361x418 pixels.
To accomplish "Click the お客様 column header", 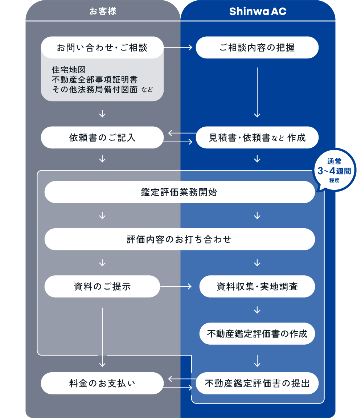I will pyautogui.click(x=103, y=11).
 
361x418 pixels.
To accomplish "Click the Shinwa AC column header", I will pyautogui.click(x=258, y=11).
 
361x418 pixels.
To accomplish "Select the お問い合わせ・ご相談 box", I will pyautogui.click(x=102, y=48).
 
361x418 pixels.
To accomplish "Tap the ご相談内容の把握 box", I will pyautogui.click(x=257, y=48).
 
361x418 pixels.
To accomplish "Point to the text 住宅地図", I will pyautogui.click(x=69, y=70).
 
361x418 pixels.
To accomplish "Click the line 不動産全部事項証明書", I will pyautogui.click(x=95, y=79).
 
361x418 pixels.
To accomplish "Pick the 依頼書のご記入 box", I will pyautogui.click(x=102, y=138).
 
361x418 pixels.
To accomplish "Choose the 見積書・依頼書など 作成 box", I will pyautogui.click(x=257, y=138).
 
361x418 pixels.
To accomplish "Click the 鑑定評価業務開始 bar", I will pyautogui.click(x=180, y=192).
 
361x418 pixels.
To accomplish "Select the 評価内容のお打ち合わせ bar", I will pyautogui.click(x=180, y=239).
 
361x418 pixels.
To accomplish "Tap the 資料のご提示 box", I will pyautogui.click(x=102, y=286).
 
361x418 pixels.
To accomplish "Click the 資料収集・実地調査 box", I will pyautogui.click(x=257, y=286).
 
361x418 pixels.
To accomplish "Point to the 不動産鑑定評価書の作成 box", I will pyautogui.click(x=257, y=333).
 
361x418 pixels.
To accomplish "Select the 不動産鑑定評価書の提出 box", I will pyautogui.click(x=257, y=383).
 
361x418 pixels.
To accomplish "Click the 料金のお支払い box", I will pyautogui.click(x=102, y=383).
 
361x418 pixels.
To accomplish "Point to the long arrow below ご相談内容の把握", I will pyautogui.click(x=257, y=92).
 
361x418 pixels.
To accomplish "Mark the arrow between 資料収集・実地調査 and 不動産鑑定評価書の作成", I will pyautogui.click(x=257, y=310).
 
